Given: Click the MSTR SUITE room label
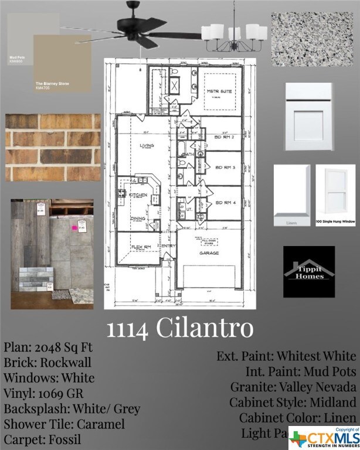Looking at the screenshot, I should click(220, 92).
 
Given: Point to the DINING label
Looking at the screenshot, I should click(138, 218).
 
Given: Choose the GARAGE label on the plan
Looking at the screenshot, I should click(209, 253).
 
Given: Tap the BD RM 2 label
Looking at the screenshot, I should click(225, 137).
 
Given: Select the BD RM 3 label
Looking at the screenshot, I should click(225, 168).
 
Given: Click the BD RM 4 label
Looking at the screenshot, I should click(225, 202).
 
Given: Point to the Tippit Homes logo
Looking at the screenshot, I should click(309, 271).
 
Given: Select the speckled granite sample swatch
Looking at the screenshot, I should click(311, 39).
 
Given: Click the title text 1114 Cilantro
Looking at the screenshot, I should click(179, 328).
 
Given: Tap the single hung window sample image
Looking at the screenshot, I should click(335, 195).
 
